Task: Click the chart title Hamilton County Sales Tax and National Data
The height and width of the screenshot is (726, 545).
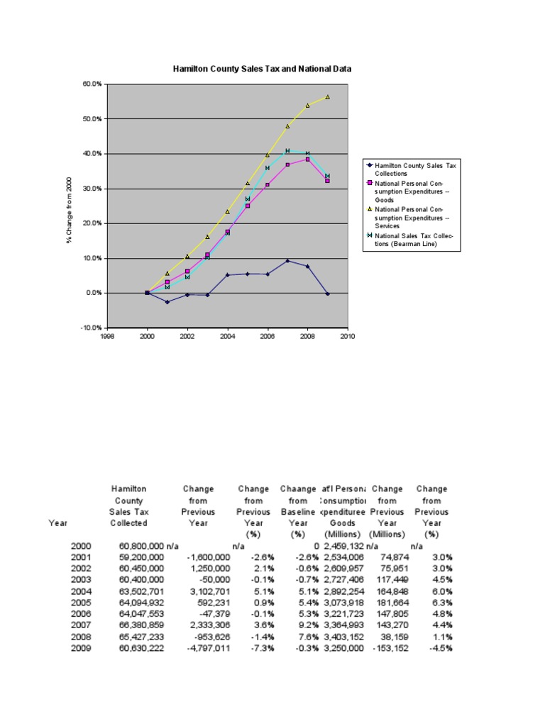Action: pyautogui.click(x=263, y=69)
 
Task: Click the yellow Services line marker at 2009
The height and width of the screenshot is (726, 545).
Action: pyautogui.click(x=327, y=96)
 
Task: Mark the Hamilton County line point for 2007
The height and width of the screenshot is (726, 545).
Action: pyautogui.click(x=287, y=261)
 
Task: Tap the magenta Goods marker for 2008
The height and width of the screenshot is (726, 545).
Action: pyautogui.click(x=307, y=160)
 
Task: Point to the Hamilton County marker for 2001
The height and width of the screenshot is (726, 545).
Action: pyautogui.click(x=167, y=302)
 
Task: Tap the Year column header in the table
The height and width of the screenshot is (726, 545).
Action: pyautogui.click(x=58, y=523)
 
